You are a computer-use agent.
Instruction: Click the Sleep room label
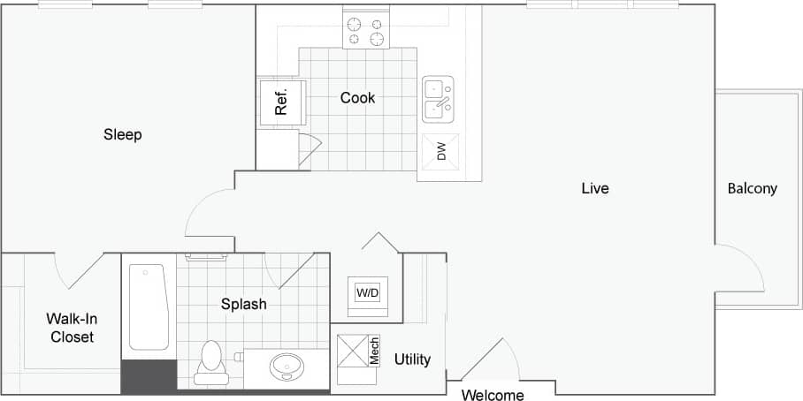click(123, 134)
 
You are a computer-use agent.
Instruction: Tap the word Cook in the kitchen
click(357, 97)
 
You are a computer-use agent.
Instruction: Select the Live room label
click(595, 188)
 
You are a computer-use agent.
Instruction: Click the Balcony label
click(752, 188)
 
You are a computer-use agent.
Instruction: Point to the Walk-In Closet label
click(72, 328)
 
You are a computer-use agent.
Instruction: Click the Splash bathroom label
click(243, 304)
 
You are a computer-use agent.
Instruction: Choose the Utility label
click(412, 359)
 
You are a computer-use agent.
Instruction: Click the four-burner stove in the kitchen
click(366, 32)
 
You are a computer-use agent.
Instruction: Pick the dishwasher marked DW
click(440, 152)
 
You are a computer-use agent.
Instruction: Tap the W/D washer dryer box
click(366, 292)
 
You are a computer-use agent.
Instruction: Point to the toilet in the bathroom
click(210, 361)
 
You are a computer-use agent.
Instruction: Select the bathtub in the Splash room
click(148, 306)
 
